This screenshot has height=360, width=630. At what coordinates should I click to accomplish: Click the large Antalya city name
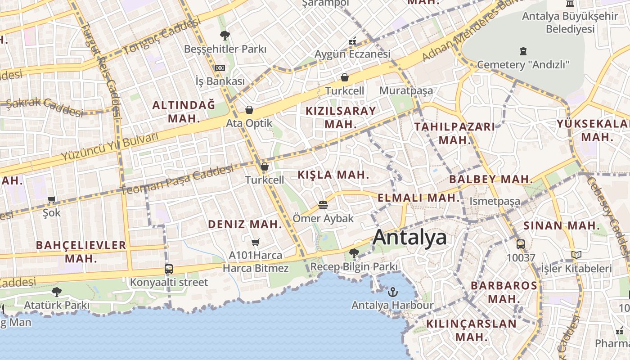click(409, 237)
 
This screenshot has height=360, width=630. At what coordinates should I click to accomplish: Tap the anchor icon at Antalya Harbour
click(392, 292)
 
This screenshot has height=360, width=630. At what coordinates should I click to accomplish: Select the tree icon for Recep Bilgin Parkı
click(354, 253)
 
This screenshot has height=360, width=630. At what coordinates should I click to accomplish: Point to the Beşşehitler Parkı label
click(225, 49)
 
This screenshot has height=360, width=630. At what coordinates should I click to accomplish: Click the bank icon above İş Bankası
click(220, 68)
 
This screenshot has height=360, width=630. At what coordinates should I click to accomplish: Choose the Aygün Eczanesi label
click(352, 54)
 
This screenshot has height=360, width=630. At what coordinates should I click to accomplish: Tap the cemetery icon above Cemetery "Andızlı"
click(523, 51)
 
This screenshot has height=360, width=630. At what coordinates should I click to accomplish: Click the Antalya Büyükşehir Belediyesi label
click(570, 22)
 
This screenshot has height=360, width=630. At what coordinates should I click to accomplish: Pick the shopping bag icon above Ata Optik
click(249, 110)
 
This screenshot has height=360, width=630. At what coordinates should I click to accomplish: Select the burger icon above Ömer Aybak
click(323, 205)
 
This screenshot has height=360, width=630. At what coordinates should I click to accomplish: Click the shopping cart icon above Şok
click(52, 199)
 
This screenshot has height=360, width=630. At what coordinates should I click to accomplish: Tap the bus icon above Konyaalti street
click(169, 269)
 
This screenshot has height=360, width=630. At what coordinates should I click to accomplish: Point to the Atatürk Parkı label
click(57, 305)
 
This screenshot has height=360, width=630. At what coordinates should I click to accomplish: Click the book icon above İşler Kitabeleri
click(576, 255)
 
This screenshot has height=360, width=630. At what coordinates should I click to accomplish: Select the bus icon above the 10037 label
click(521, 244)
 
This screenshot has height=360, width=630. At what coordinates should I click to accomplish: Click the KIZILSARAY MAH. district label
click(341, 117)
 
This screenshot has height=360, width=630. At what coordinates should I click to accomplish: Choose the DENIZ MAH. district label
click(245, 224)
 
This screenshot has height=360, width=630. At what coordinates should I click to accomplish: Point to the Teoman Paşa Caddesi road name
click(177, 180)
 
